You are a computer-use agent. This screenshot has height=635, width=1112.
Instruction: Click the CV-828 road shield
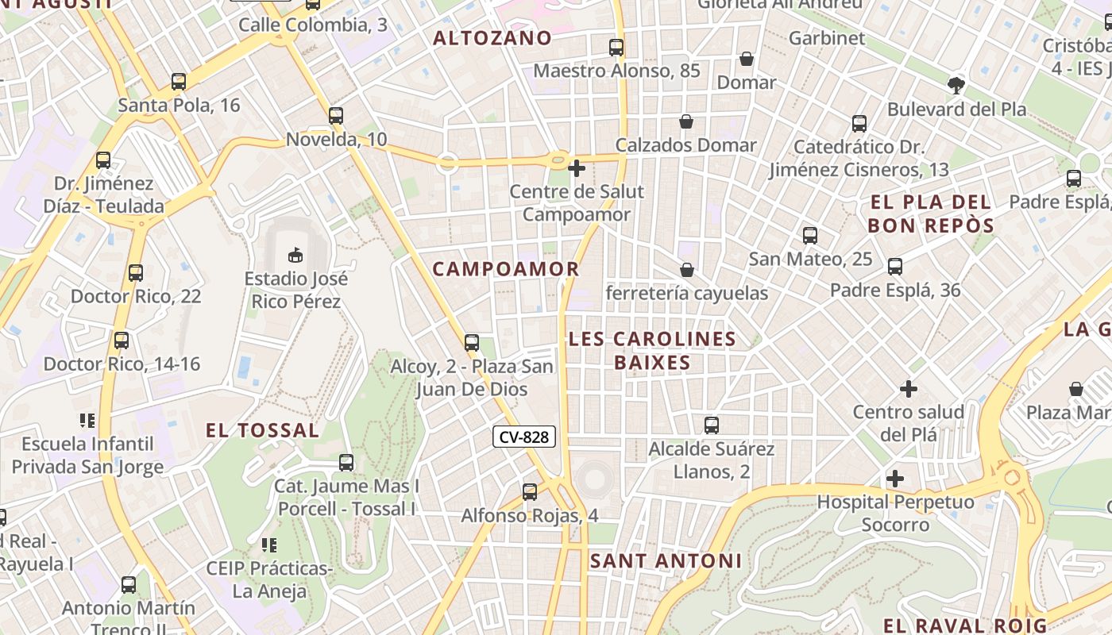point(524,437)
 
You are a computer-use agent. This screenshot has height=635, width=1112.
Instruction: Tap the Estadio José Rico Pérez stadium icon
point(295,255)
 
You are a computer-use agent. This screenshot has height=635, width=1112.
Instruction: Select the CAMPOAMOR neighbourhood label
point(506,269)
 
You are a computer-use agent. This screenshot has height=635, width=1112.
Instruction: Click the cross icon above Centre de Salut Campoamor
point(577,168)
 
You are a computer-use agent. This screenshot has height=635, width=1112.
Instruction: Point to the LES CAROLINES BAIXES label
point(652,351)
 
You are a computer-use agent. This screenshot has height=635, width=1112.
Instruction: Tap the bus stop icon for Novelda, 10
point(336,116)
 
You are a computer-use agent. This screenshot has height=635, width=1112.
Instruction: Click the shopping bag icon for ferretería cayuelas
point(687,270)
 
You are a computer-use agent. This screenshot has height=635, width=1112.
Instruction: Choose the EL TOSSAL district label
point(262,431)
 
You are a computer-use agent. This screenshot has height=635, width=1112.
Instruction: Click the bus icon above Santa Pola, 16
point(179,81)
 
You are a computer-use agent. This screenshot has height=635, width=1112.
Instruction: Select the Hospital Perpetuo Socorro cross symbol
point(895,479)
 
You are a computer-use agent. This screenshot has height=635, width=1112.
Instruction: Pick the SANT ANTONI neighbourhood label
point(666,561)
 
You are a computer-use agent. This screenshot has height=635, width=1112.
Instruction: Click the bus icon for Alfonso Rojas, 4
point(530,492)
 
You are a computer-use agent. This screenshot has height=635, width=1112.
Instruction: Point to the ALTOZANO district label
point(492,38)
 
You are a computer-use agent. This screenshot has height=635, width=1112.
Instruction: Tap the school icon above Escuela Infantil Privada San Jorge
point(87,420)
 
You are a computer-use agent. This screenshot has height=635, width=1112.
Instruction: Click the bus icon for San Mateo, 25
point(810,236)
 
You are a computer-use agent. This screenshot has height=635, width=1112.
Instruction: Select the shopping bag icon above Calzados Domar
point(686,121)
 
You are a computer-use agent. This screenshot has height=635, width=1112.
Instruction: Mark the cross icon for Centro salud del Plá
point(909,389)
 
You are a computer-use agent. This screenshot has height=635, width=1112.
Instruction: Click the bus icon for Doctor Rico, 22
point(136,273)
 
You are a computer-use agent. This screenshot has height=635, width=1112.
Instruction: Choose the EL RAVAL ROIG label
point(965,625)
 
